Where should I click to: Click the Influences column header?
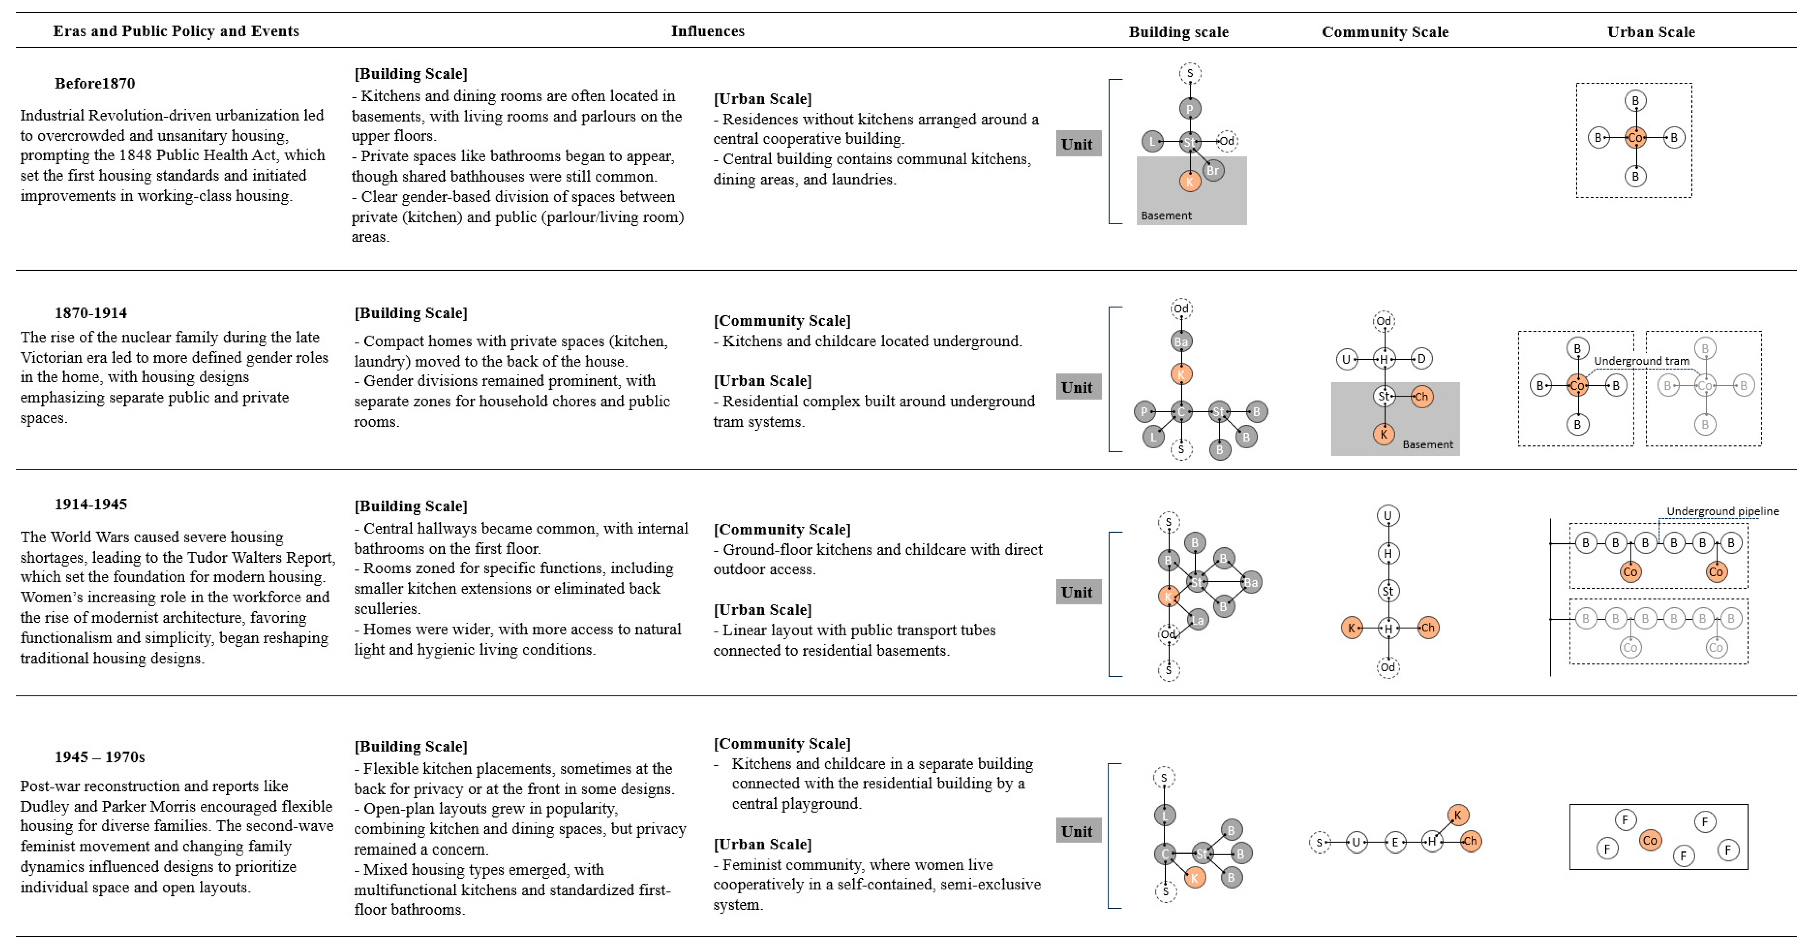(707, 31)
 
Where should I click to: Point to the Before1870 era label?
(95, 83)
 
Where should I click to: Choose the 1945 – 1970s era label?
(100, 756)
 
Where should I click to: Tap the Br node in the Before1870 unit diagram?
(1213, 170)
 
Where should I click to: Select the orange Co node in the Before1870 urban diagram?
(1635, 138)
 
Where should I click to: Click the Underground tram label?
(1641, 360)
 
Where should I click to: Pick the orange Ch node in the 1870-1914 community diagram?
(1421, 396)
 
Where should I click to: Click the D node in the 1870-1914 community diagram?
(1421, 359)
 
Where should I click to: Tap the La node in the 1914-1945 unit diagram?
(1197, 619)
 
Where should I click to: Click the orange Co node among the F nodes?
(1650, 840)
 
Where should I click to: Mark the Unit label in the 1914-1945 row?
(1077, 592)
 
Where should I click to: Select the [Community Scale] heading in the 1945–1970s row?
(782, 743)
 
